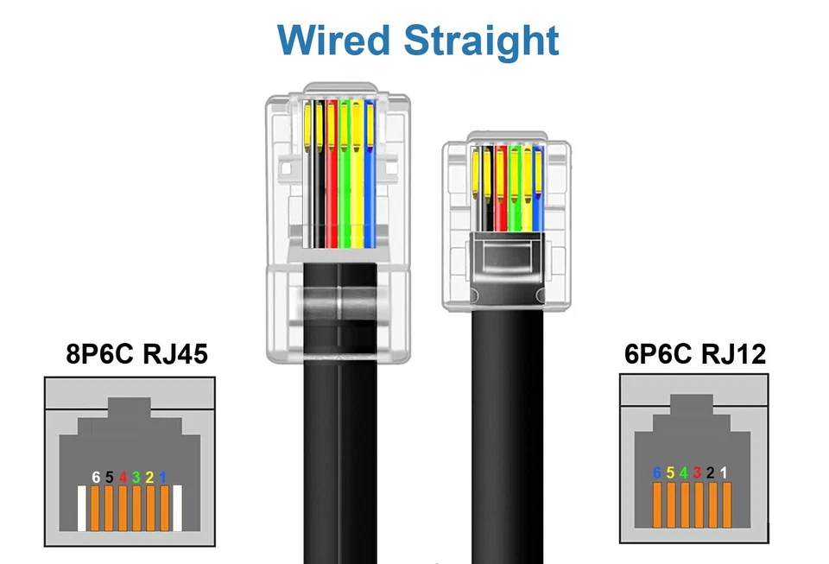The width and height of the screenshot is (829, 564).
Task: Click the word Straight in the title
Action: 482,41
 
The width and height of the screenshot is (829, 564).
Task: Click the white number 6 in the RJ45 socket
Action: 96,477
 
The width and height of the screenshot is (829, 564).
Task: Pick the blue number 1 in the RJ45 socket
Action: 162,477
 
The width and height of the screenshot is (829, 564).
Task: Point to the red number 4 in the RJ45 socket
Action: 123,477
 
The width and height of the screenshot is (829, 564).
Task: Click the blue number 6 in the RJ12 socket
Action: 657,472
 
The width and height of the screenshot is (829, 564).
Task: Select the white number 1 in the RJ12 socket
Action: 724,472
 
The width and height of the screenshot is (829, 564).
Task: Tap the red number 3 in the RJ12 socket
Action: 697,472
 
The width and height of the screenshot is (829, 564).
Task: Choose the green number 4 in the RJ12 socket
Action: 683,472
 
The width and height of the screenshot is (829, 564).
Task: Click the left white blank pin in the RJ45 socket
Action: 83,509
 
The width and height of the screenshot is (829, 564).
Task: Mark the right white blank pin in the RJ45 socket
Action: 176,509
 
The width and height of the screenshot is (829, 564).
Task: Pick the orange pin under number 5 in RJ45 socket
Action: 109,509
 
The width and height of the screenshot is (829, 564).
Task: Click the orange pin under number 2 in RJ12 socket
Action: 711,504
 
